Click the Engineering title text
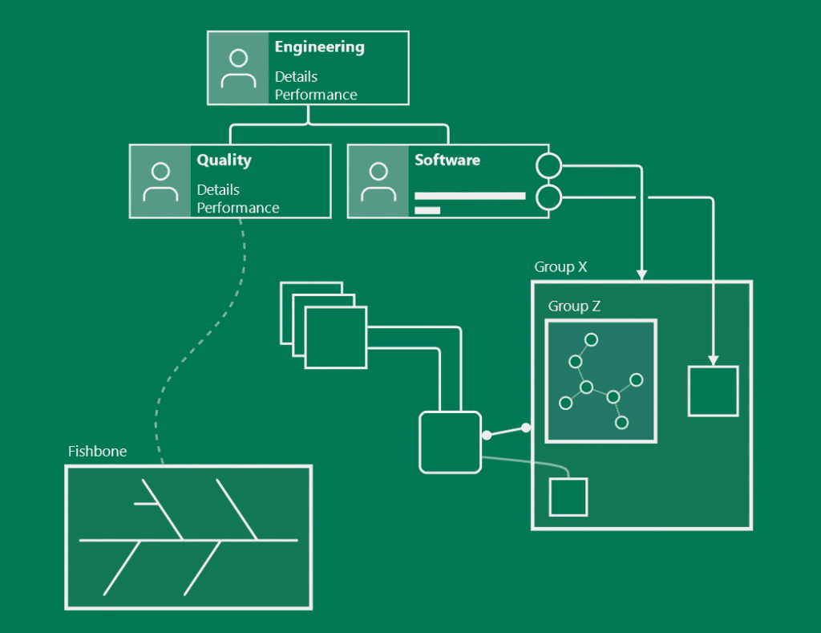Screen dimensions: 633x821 coord(319,47)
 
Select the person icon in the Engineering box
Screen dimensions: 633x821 coord(238,68)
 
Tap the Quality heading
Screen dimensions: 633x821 coord(224,160)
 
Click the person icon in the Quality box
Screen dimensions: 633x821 coord(160,181)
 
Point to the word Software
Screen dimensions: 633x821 coord(447,160)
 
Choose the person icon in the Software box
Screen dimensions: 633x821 coord(378,181)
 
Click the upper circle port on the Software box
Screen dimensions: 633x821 coord(548,166)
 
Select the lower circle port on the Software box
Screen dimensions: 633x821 coord(548,197)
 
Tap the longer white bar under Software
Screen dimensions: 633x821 coord(470,196)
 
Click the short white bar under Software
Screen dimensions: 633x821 coord(427,211)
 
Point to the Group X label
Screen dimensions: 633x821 coord(560,267)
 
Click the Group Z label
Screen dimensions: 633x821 coord(574,306)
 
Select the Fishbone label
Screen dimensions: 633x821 coord(97,452)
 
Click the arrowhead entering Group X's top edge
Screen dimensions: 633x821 coord(641,275)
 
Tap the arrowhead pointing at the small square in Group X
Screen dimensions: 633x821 coord(713,360)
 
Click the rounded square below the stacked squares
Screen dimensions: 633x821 coord(450,441)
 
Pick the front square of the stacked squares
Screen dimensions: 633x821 coord(336,337)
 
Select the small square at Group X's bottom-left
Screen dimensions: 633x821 coord(568,497)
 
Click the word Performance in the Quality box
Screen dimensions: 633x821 coord(238,208)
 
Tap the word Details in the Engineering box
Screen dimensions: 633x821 coord(296,77)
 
